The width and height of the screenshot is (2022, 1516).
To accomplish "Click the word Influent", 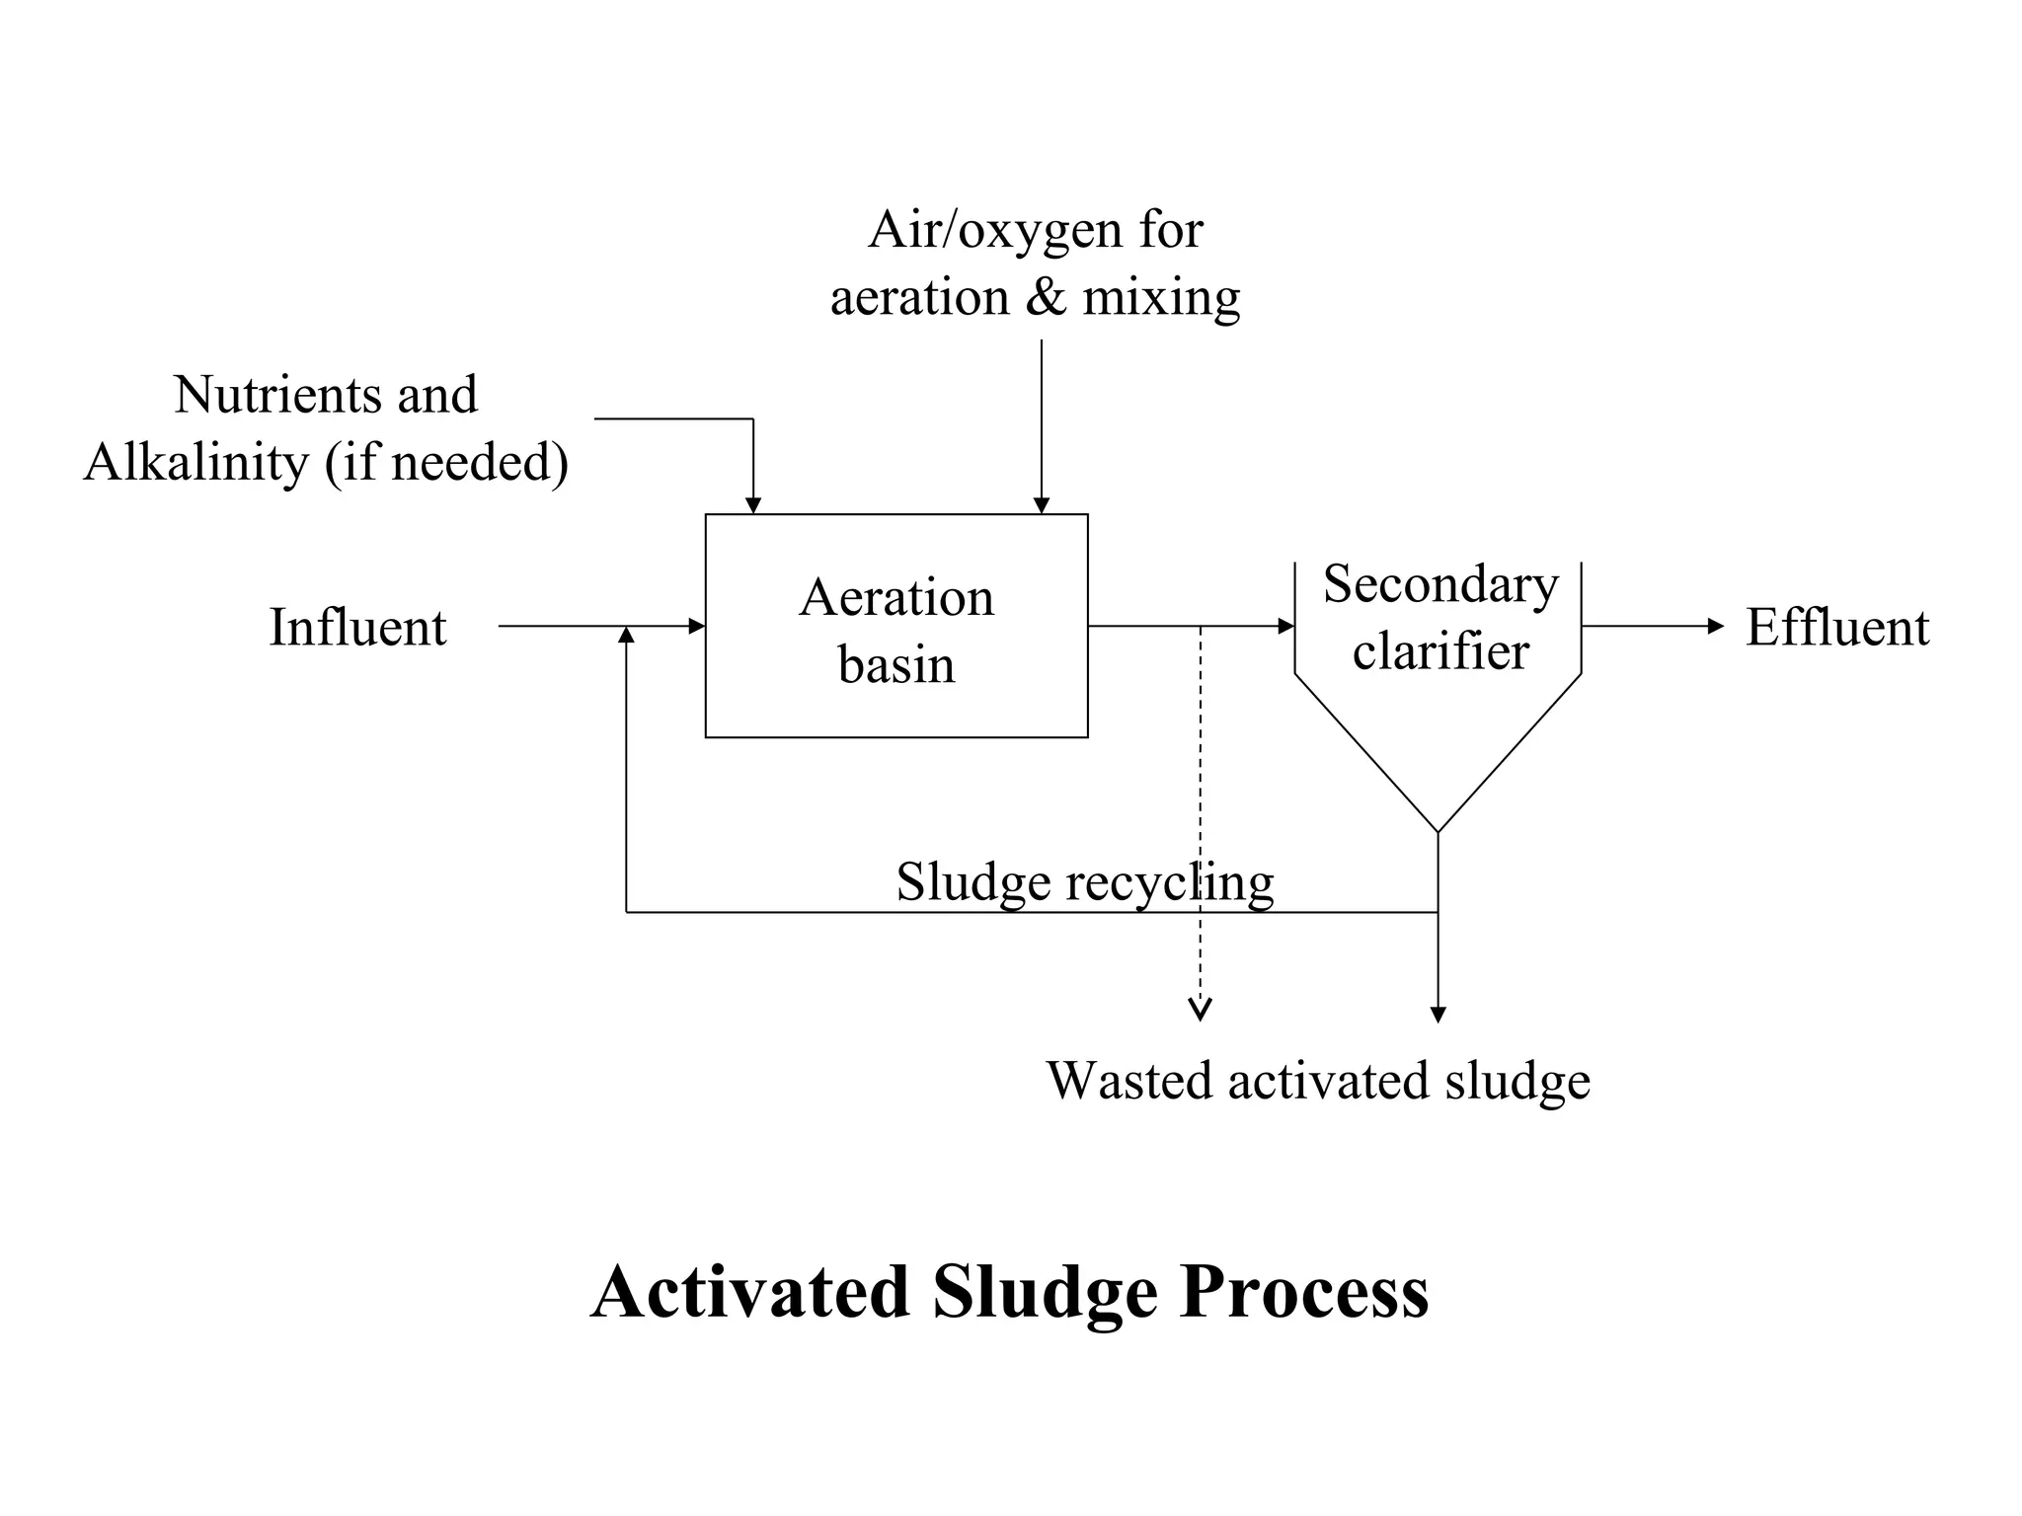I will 357,628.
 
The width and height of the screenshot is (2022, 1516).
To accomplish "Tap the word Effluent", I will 1836,628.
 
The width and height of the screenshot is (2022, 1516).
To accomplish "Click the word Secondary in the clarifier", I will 1440,584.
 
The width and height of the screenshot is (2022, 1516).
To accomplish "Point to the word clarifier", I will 1440,651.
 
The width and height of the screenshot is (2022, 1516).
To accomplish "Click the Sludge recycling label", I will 1084,881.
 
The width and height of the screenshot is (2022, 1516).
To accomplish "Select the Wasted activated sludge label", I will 1318,1081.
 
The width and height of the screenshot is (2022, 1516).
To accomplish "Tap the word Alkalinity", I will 196,462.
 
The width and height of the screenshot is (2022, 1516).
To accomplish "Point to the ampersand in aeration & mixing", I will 1046,297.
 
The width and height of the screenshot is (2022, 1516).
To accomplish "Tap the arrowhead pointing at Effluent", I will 1716,626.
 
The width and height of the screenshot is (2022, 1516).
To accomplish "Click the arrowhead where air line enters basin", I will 1041,505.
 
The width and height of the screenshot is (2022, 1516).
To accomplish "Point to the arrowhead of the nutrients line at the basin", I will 753,505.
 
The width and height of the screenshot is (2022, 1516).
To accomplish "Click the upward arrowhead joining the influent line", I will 626,635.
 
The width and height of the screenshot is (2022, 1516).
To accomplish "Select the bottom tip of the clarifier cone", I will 1438,831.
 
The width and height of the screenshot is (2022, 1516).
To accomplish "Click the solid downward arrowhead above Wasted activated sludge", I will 1438,1015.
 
